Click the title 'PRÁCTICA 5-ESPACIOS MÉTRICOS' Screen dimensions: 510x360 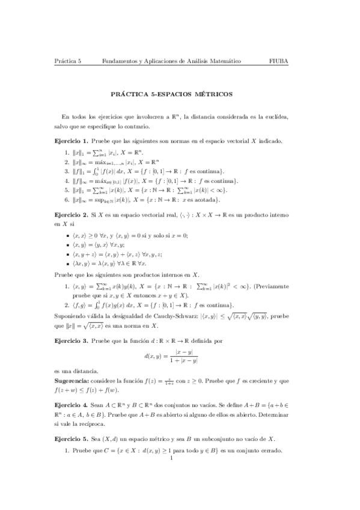180,94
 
